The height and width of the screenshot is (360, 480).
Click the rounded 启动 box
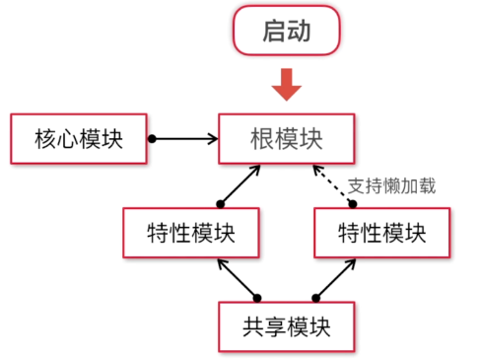(286, 32)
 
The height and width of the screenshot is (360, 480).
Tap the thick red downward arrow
(286, 84)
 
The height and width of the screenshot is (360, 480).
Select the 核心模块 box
(78, 138)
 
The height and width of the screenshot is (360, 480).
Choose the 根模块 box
(286, 138)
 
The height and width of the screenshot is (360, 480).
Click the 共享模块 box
(286, 323)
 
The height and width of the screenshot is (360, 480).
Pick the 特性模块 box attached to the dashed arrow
(381, 233)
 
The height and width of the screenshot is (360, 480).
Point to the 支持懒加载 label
(391, 184)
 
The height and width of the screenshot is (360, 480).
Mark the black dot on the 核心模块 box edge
(151, 138)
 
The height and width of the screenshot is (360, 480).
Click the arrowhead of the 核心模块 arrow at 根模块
(212, 138)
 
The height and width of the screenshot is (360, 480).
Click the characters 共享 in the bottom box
(263, 323)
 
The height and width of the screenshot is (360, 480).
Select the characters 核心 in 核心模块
(55, 138)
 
